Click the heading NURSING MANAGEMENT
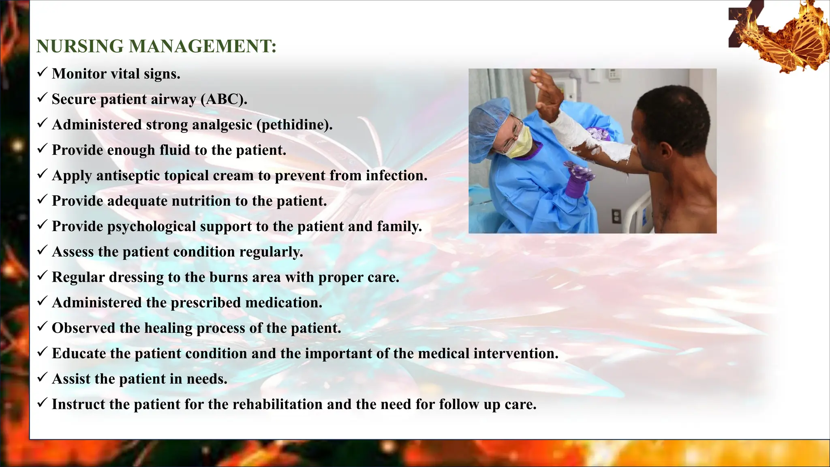[x=156, y=46]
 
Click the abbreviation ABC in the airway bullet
[x=223, y=99]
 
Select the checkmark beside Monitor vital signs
[x=42, y=73]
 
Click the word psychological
[x=152, y=227]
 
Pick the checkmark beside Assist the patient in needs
[x=42, y=378]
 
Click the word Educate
[x=79, y=353]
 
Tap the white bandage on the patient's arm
[x=592, y=138]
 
